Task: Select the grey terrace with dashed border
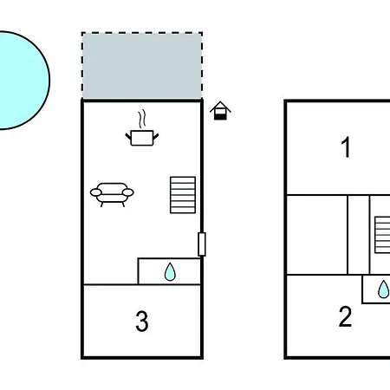pyautogui.click(x=142, y=66)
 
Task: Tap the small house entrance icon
pyautogui.click(x=220, y=111)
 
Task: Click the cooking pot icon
pyautogui.click(x=142, y=138)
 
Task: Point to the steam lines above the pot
pyautogui.click(x=141, y=119)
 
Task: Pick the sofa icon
pyautogui.click(x=112, y=194)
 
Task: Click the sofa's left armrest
pyautogui.click(x=96, y=192)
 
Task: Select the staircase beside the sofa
pyautogui.click(x=183, y=195)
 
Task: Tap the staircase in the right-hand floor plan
pyautogui.click(x=382, y=235)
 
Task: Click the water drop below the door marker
pyautogui.click(x=170, y=272)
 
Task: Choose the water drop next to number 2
pyautogui.click(x=384, y=289)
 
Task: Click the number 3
pyautogui.click(x=142, y=321)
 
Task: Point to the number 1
pyautogui.click(x=346, y=147)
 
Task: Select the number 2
pyautogui.click(x=345, y=316)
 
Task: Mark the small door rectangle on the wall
pyautogui.click(x=202, y=244)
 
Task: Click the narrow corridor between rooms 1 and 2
pyautogui.click(x=358, y=235)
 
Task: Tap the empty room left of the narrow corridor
pyautogui.click(x=317, y=235)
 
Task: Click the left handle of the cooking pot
pyautogui.click(x=128, y=136)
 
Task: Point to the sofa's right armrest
pyautogui.click(x=128, y=192)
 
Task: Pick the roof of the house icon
pyautogui.click(x=220, y=107)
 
